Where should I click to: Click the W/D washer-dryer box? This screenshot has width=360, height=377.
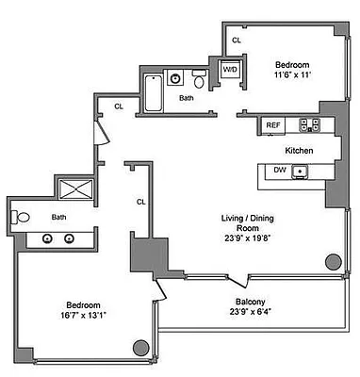(230, 71)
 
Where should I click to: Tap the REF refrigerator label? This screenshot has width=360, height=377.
(272, 124)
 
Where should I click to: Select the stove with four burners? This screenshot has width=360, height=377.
(309, 124)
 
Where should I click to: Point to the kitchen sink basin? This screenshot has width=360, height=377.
(300, 171)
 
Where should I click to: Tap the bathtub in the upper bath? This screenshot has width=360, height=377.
(153, 95)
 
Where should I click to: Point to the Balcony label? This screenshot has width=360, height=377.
(249, 303)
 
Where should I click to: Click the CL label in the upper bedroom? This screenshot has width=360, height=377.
(237, 41)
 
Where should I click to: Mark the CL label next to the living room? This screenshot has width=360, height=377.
(140, 201)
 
